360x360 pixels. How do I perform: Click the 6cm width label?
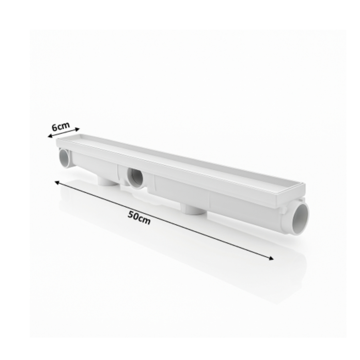pyautogui.click(x=60, y=126)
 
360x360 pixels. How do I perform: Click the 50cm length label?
pyautogui.click(x=139, y=218)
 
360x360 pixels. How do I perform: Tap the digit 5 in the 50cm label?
pyautogui.click(x=131, y=215)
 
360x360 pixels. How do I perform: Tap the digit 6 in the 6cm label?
pyautogui.click(x=55, y=128)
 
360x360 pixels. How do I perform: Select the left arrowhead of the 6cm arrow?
pyautogui.click(x=50, y=136)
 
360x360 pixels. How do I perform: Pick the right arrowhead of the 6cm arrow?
pyautogui.click(x=77, y=129)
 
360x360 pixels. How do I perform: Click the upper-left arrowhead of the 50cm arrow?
pyautogui.click(x=57, y=183)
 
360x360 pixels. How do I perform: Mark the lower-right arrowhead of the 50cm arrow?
pyautogui.click(x=271, y=258)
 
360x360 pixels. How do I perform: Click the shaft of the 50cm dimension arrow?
pyautogui.click(x=164, y=220)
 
